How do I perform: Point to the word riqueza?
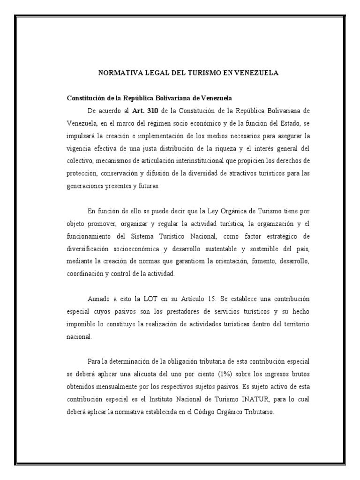point(217,148)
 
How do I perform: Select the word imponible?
point(81,324)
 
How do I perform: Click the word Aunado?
point(99,299)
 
